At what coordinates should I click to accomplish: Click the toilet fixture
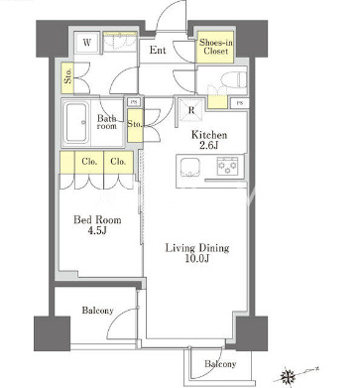tap(234, 79)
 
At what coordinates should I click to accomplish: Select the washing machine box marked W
tap(86, 43)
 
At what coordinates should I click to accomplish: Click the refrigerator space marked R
tap(191, 110)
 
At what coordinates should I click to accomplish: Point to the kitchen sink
tap(189, 167)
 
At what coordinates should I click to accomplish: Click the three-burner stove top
tap(227, 166)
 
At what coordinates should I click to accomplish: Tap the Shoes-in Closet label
tap(216, 47)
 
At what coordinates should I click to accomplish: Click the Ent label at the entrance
tap(158, 50)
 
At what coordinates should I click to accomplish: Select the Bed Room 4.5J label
tap(97, 225)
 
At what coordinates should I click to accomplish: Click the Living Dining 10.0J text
tap(197, 253)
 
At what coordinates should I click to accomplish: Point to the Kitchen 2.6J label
tap(209, 140)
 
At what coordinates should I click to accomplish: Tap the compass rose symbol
tap(288, 375)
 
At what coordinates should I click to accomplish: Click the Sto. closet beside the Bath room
tap(135, 125)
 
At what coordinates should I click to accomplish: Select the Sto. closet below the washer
tap(67, 77)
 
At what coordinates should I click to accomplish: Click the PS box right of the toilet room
tap(240, 103)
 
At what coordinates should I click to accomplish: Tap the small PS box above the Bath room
tap(134, 102)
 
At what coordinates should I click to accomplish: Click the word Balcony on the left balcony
tap(97, 311)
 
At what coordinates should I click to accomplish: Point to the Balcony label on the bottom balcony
tap(220, 364)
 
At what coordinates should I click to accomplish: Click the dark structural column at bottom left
tap(53, 333)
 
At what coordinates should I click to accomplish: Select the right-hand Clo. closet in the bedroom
tap(119, 162)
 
